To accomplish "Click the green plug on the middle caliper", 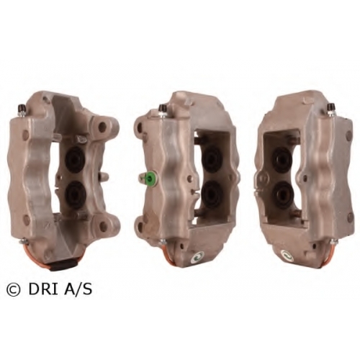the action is click(151, 179).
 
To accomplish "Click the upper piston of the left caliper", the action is click(75, 159).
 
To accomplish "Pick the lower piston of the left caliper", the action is click(75, 194).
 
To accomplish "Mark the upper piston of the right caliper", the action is click(282, 160).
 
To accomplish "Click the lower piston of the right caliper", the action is click(283, 195).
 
